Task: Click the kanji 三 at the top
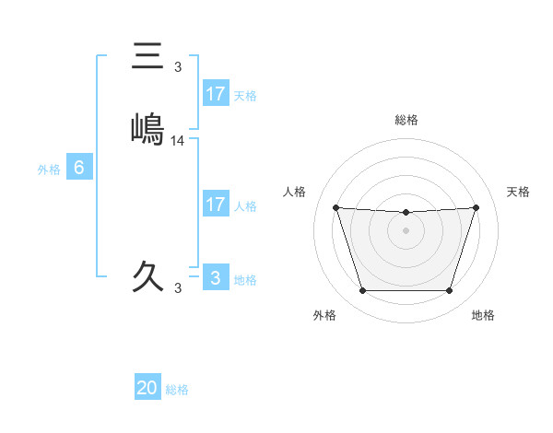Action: (148, 56)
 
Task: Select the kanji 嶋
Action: (148, 129)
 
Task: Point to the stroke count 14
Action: (178, 141)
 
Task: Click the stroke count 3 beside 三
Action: (178, 67)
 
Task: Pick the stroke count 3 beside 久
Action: (178, 288)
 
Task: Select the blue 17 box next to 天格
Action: (215, 94)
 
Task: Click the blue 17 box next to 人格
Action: (215, 205)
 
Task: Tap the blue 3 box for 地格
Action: (215, 278)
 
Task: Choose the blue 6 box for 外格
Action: (79, 168)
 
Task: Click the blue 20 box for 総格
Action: (147, 388)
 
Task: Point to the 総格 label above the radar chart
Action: (406, 120)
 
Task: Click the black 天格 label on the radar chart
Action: (519, 192)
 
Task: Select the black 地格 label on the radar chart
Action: (483, 316)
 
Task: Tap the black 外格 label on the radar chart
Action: (324, 316)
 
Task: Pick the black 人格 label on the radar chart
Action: (295, 192)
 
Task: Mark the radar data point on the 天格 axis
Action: (476, 207)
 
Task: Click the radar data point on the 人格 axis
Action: (336, 207)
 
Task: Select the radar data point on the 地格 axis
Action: (449, 291)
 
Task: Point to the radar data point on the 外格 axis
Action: (362, 291)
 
